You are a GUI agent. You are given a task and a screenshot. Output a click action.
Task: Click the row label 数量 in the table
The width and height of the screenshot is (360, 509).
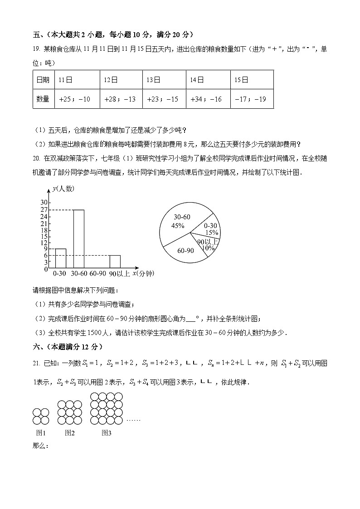coord(43,99)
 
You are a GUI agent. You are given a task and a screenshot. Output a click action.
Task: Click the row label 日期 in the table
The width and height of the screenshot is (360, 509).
coord(43,80)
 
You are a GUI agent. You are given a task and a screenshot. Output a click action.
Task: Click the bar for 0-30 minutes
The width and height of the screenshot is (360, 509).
coord(60,258)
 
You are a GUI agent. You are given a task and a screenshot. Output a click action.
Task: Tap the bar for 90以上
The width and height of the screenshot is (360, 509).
coord(115,262)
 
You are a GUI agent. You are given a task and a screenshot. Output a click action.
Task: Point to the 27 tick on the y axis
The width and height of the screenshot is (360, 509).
coord(44,210)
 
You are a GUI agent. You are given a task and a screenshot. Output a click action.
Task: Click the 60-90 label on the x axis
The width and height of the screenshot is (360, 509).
coord(97,274)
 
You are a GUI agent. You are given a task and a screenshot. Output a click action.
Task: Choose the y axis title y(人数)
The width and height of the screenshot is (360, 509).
coord(63,189)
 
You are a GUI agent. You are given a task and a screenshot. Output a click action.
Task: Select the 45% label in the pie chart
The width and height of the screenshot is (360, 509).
coord(178,225)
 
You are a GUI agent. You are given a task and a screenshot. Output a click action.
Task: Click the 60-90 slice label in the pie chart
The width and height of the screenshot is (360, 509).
coord(186,250)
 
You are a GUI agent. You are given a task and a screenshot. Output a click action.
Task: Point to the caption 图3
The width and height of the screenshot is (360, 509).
coord(107,433)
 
